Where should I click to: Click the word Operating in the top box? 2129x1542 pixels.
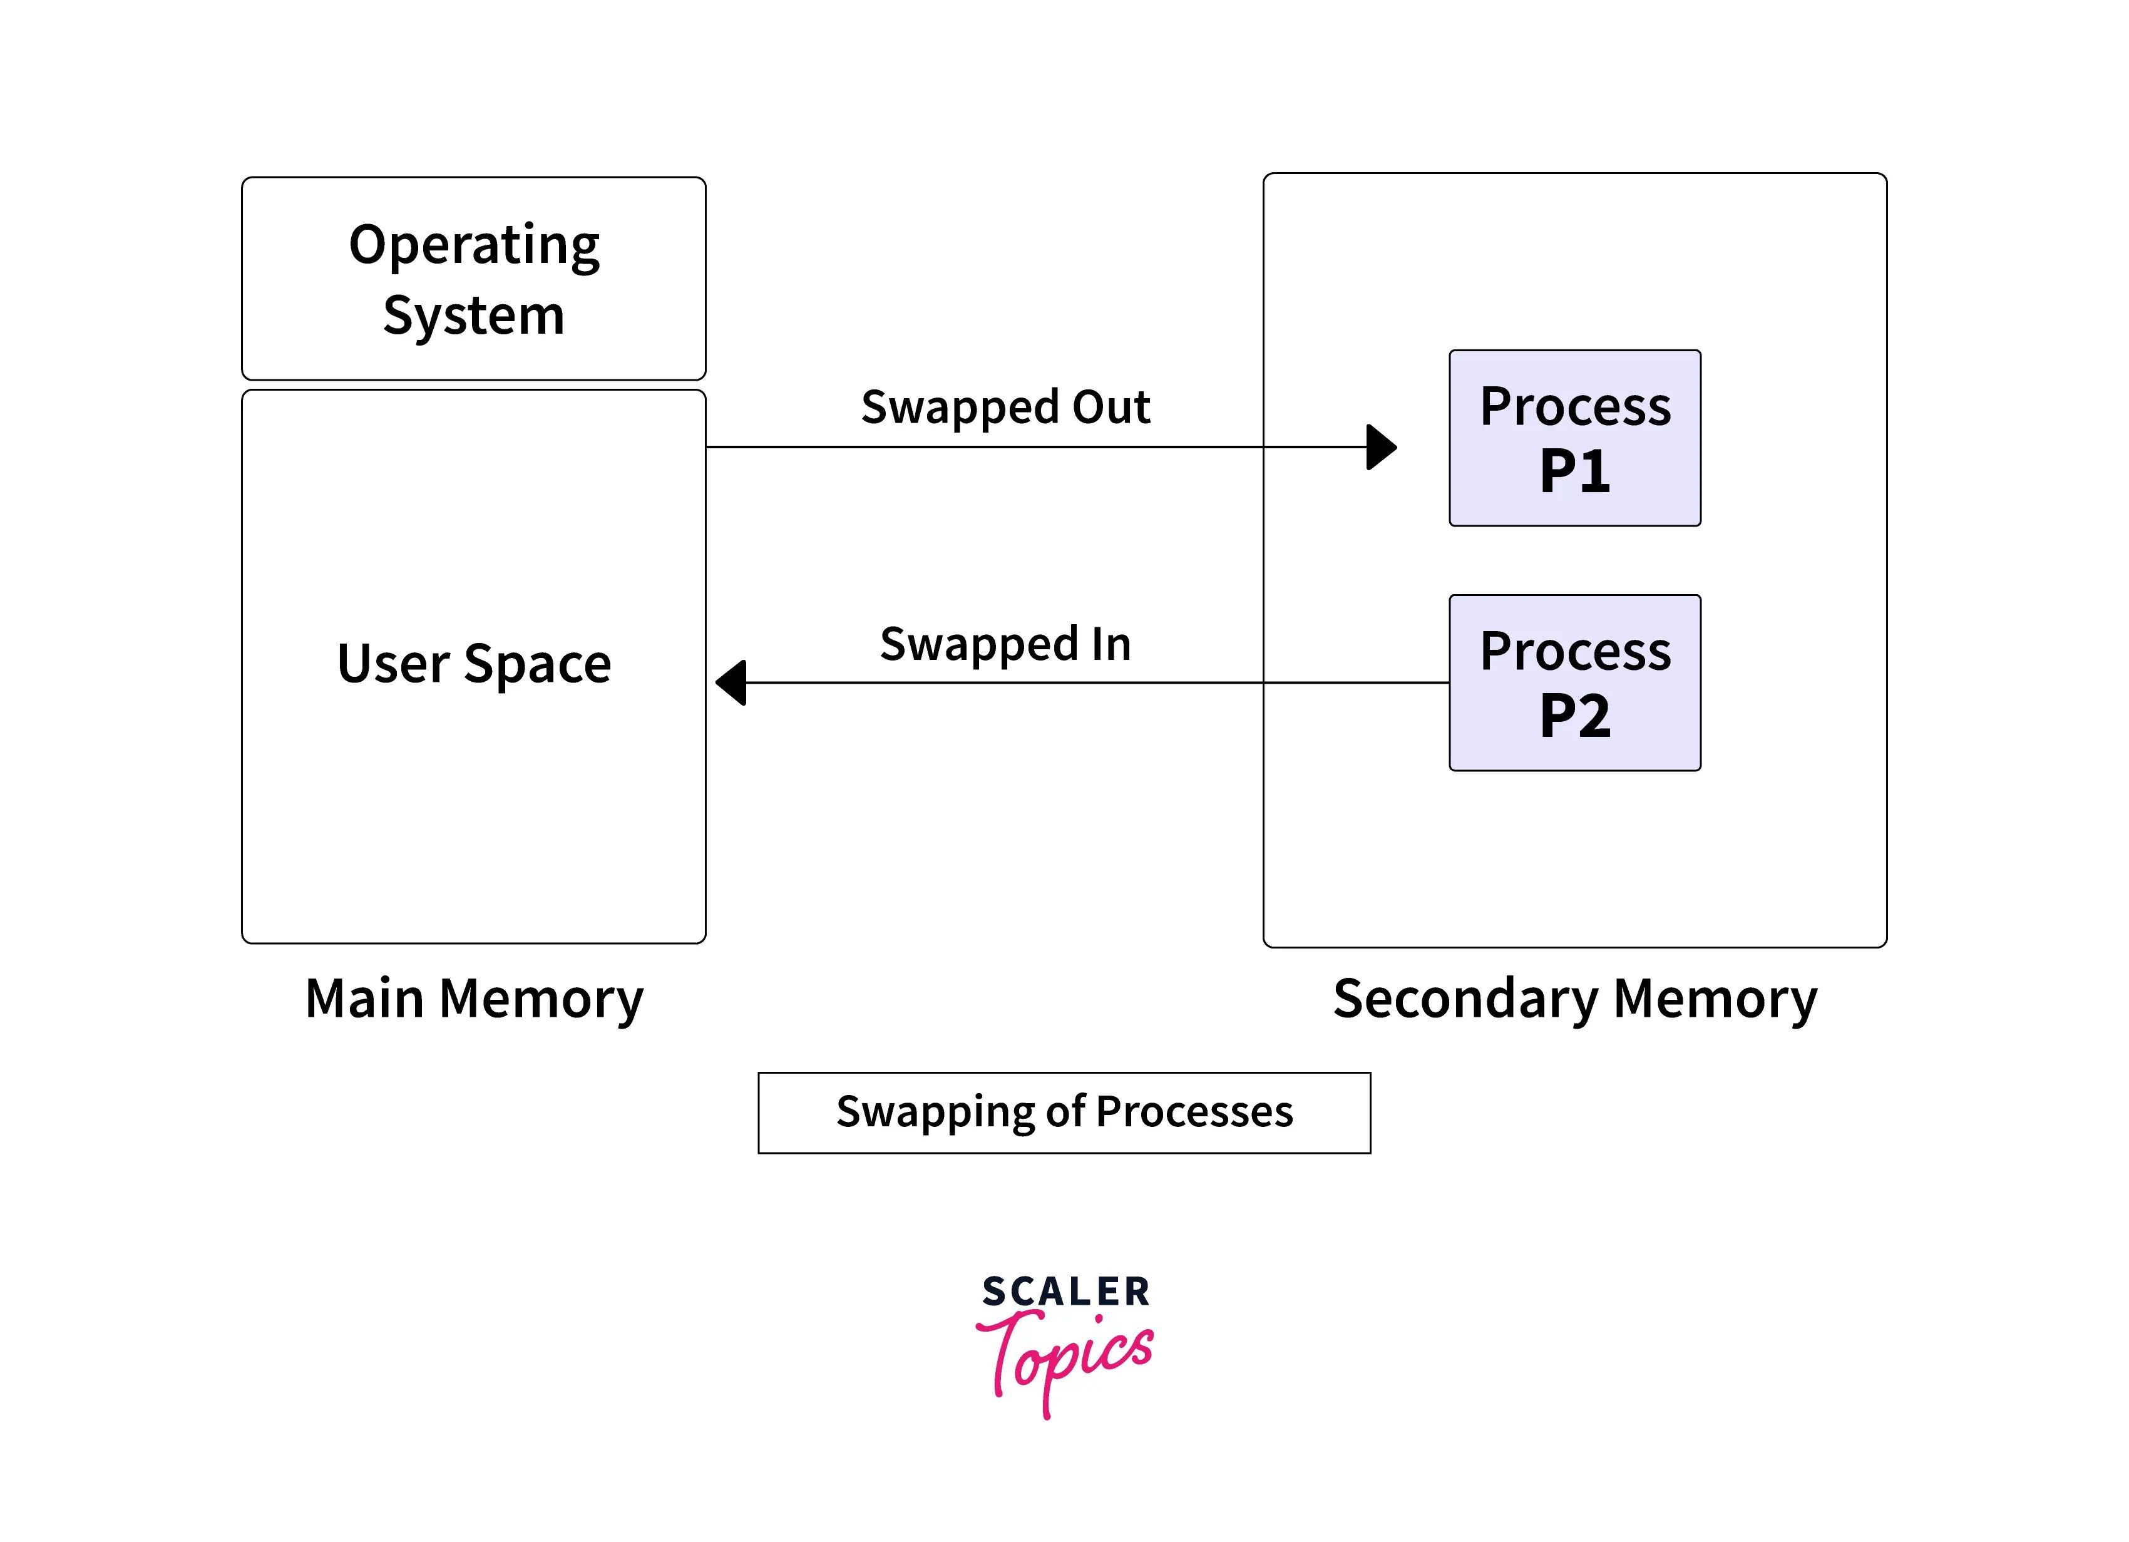click(x=474, y=247)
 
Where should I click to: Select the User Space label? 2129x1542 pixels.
click(x=474, y=664)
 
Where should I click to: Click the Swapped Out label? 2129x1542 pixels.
click(x=1005, y=408)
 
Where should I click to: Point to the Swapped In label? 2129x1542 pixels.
click(x=1005, y=644)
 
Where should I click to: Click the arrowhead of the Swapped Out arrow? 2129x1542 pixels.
click(x=1382, y=447)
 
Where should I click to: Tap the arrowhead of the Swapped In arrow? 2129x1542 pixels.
click(x=731, y=682)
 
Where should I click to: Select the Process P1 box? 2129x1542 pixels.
click(x=1575, y=438)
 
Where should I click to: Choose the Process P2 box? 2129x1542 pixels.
click(x=1575, y=682)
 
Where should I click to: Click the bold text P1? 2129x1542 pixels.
click(x=1575, y=471)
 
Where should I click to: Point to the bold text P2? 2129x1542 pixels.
click(x=1575, y=716)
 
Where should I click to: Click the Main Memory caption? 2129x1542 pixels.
click(x=474, y=998)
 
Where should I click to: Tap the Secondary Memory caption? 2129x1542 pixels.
click(x=1575, y=998)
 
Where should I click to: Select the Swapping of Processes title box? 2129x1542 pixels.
click(x=1064, y=1113)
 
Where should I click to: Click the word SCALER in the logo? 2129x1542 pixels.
click(x=1066, y=1292)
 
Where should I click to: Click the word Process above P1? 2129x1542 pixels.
click(x=1575, y=407)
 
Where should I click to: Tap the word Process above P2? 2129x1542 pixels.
click(x=1575, y=651)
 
